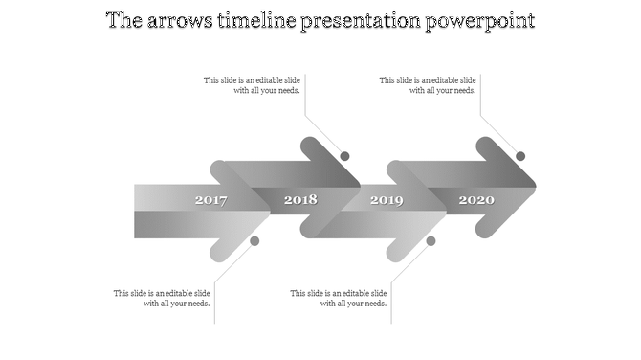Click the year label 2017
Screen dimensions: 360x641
tap(210, 200)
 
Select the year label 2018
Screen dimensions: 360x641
tap(299, 200)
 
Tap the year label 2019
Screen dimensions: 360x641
tap(387, 200)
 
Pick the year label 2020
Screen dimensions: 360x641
tap(475, 200)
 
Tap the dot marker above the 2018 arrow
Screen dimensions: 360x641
tap(344, 156)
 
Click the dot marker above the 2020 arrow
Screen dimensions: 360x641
tap(520, 156)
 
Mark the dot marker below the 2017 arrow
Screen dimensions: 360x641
tap(254, 241)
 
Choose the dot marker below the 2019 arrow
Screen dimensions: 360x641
tap(431, 241)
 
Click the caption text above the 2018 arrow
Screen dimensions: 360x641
tap(254, 86)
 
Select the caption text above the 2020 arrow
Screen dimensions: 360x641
tap(429, 86)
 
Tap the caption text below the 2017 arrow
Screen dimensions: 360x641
tap(163, 299)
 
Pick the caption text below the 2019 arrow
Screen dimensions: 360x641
tap(340, 299)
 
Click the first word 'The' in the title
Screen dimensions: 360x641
tap(121, 21)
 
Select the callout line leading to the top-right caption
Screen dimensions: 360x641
tap(497, 134)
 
